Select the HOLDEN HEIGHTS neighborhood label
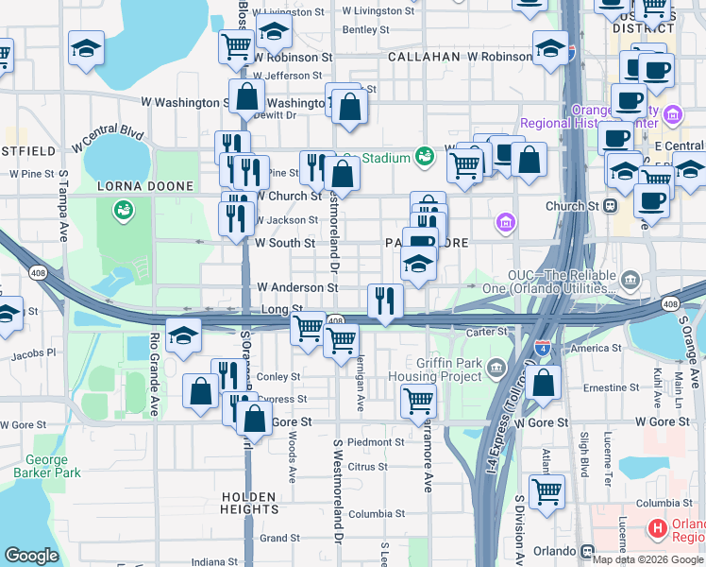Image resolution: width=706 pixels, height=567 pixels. click(249, 503)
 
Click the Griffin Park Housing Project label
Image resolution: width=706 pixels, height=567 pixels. click(436, 369)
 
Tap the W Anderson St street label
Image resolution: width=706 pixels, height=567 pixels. click(297, 287)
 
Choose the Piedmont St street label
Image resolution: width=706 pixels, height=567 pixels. click(376, 442)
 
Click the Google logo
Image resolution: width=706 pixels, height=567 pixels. click(31, 556)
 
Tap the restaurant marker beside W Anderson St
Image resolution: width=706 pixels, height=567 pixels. click(385, 301)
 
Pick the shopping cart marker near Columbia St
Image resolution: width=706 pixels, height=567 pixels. click(546, 492)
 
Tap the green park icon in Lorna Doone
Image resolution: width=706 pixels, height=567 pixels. click(121, 209)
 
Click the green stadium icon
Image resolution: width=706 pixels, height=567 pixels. click(425, 154)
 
